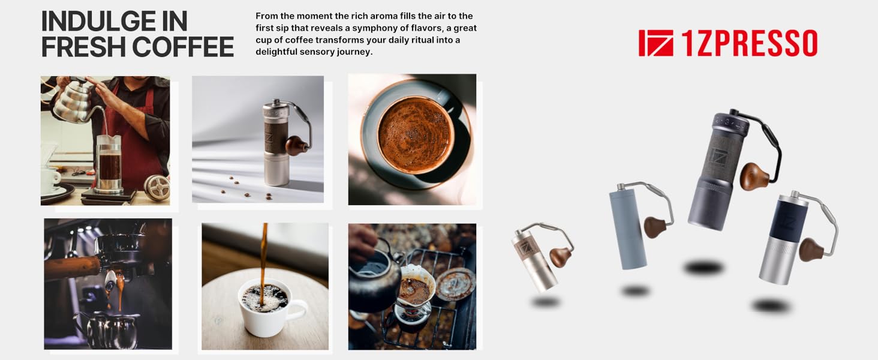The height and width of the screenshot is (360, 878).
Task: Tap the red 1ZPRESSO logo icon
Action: [x=656, y=43]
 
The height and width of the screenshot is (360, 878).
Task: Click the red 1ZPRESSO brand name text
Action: [x=749, y=43]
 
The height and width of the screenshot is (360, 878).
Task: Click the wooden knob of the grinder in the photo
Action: [x=296, y=146]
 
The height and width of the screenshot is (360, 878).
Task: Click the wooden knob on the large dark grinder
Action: [x=754, y=176]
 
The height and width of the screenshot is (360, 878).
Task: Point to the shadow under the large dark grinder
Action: [x=705, y=267]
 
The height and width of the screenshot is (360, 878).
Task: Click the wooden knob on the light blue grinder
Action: [x=656, y=227]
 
